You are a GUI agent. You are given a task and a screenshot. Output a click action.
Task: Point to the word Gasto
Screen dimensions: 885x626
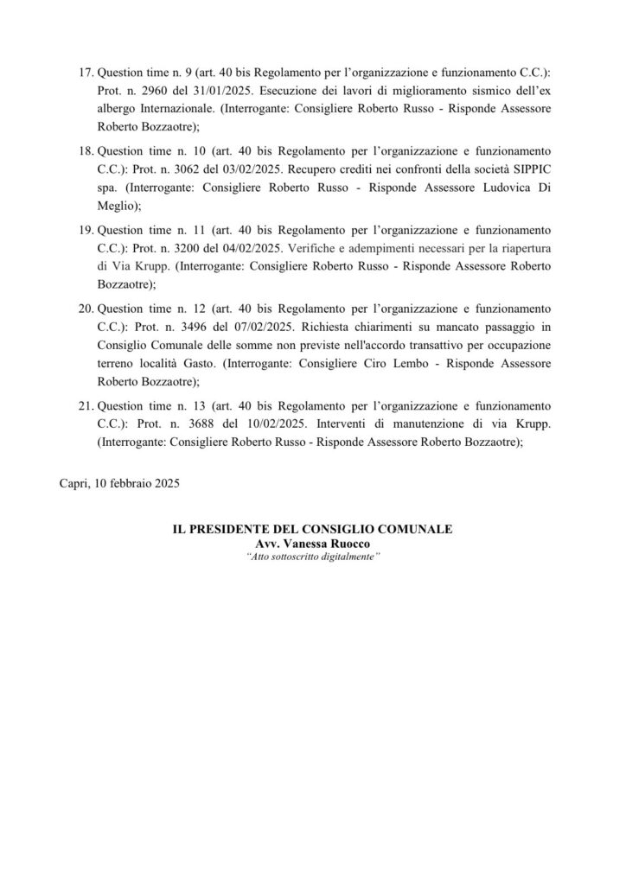(x=221, y=364)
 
